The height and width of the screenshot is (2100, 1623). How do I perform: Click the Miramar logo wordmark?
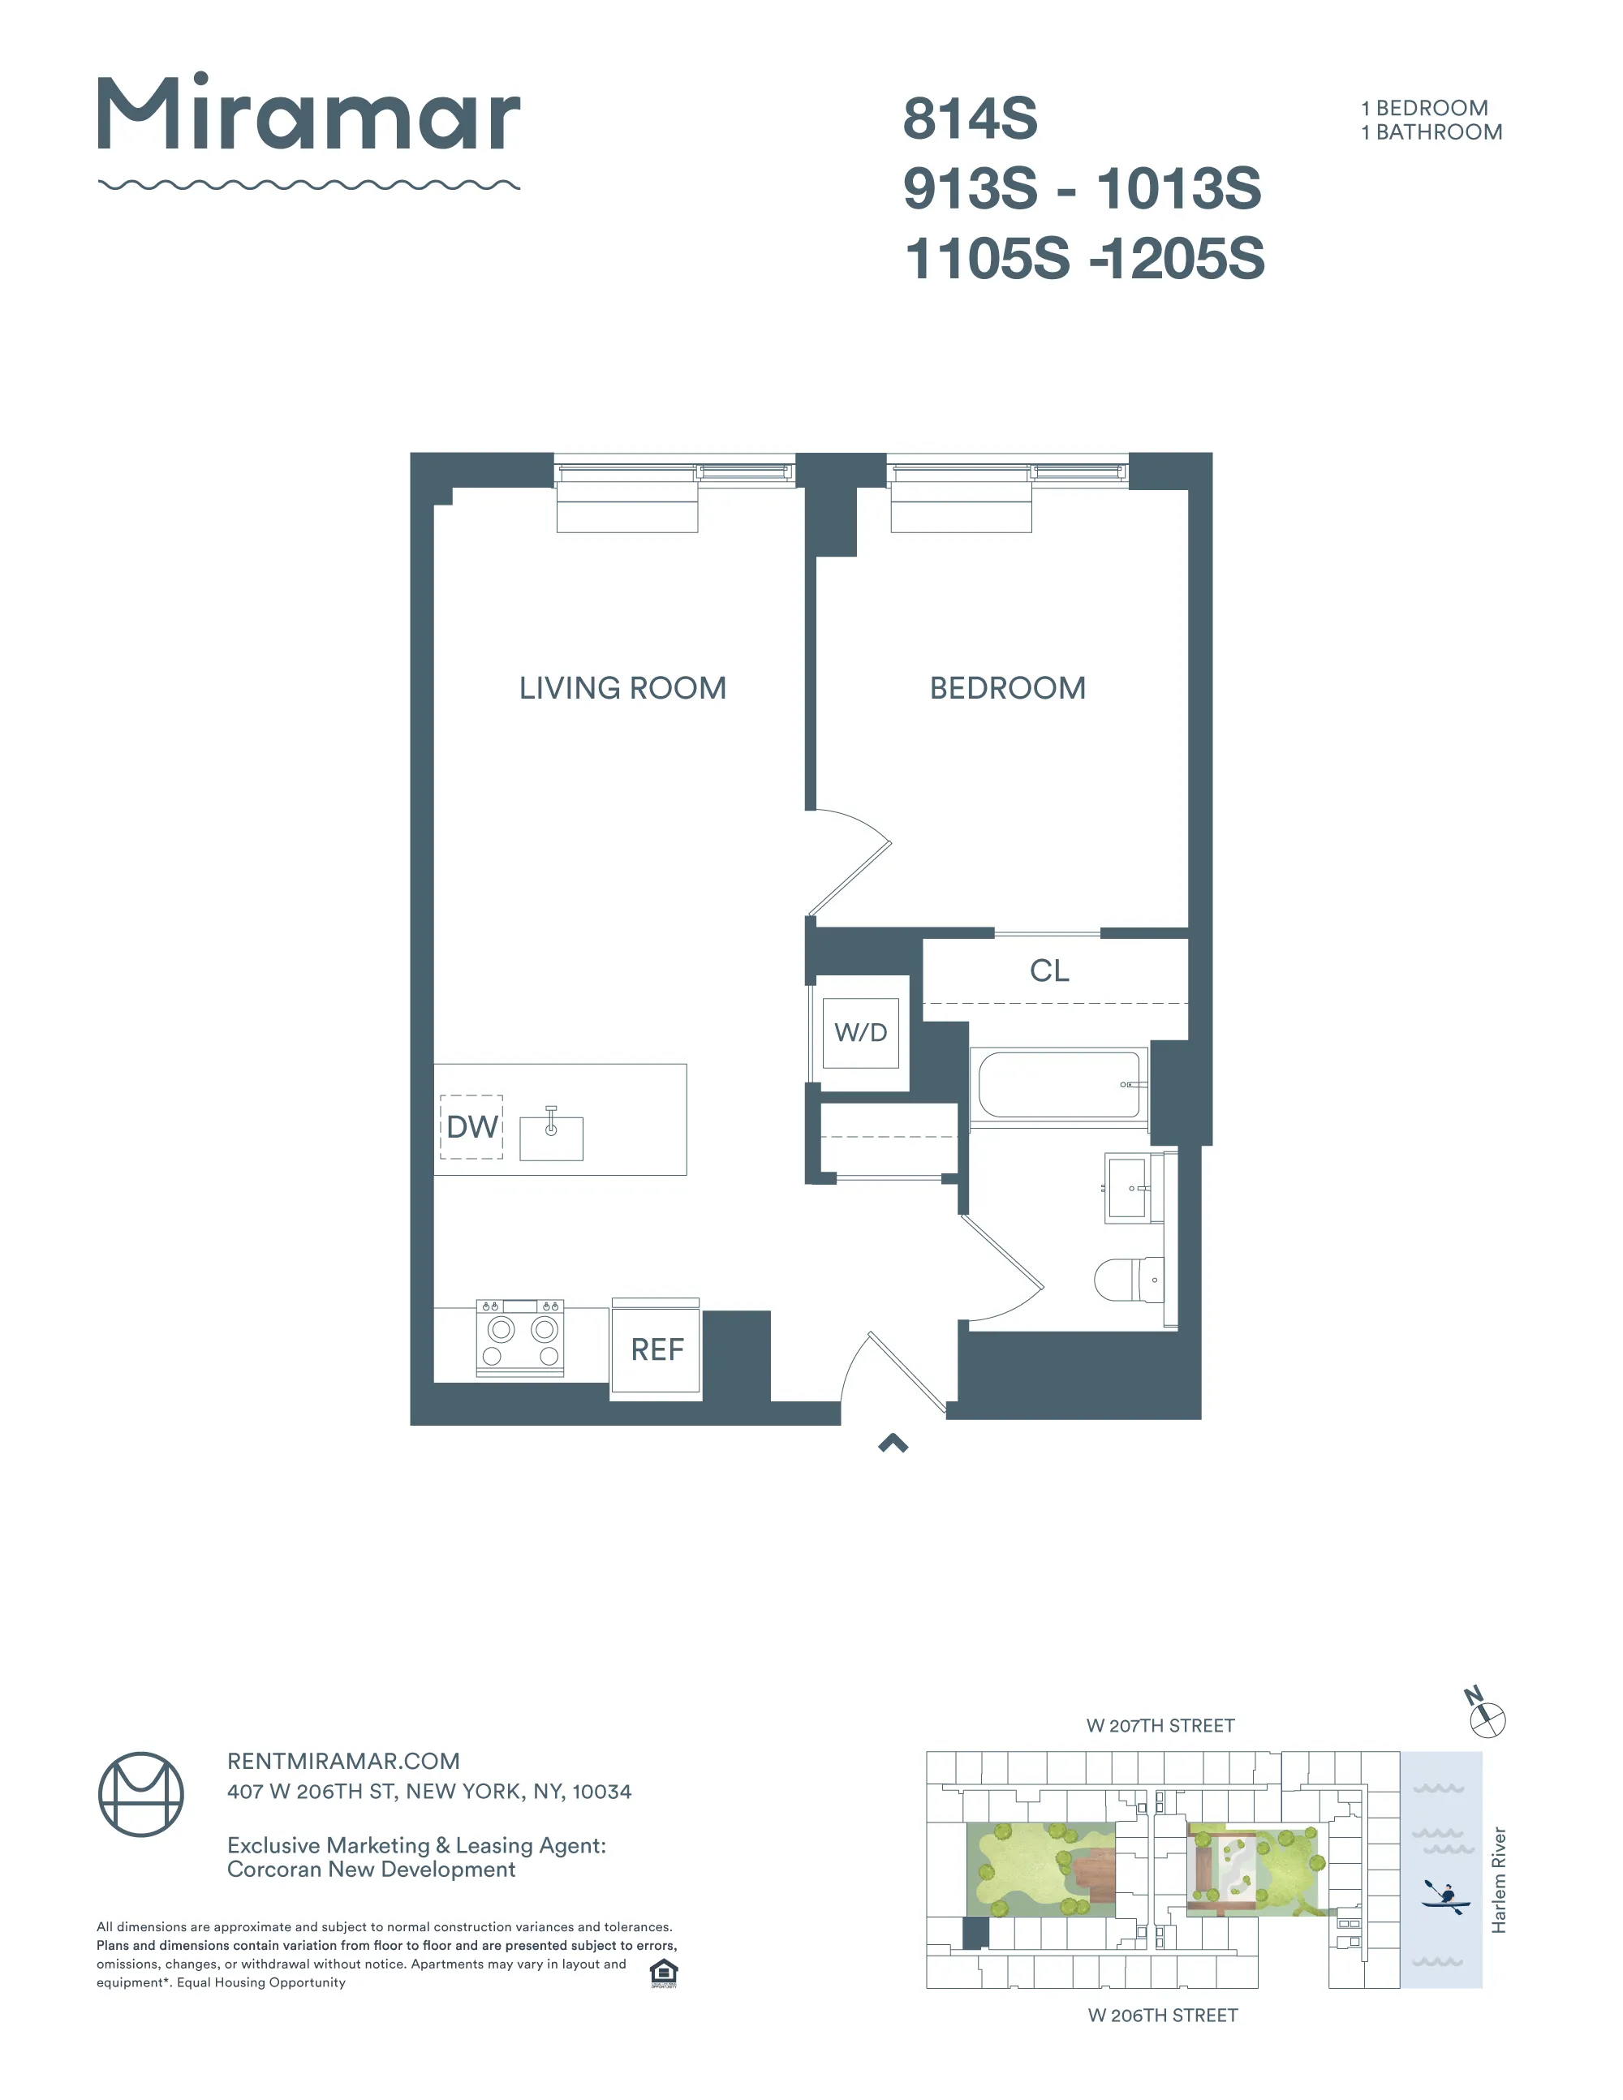pyautogui.click(x=308, y=114)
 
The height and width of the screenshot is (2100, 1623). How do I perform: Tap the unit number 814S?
pyautogui.click(x=969, y=119)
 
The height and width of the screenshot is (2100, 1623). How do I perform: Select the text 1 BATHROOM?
pyautogui.click(x=1431, y=133)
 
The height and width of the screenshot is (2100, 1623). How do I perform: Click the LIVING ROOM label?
pyautogui.click(x=622, y=688)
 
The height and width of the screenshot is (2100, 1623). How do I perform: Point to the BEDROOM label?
pyautogui.click(x=1007, y=688)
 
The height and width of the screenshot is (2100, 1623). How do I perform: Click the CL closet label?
pyautogui.click(x=1049, y=971)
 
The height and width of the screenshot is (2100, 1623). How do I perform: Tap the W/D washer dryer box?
pyautogui.click(x=860, y=1033)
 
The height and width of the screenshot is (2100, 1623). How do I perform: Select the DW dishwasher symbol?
pyautogui.click(x=472, y=1127)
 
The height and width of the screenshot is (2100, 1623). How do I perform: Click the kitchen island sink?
pyautogui.click(x=551, y=1138)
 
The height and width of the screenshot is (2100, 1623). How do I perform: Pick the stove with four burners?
pyautogui.click(x=520, y=1337)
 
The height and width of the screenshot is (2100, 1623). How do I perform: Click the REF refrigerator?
pyautogui.click(x=657, y=1350)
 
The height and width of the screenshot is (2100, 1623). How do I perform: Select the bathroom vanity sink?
pyautogui.click(x=1127, y=1189)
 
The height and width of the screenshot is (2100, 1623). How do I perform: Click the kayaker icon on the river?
pyautogui.click(x=1444, y=1896)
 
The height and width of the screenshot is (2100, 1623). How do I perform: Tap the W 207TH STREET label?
pyautogui.click(x=1160, y=1726)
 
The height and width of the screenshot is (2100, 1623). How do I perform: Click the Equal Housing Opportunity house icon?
pyautogui.click(x=664, y=1973)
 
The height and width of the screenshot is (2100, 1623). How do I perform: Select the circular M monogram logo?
pyautogui.click(x=141, y=1794)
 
